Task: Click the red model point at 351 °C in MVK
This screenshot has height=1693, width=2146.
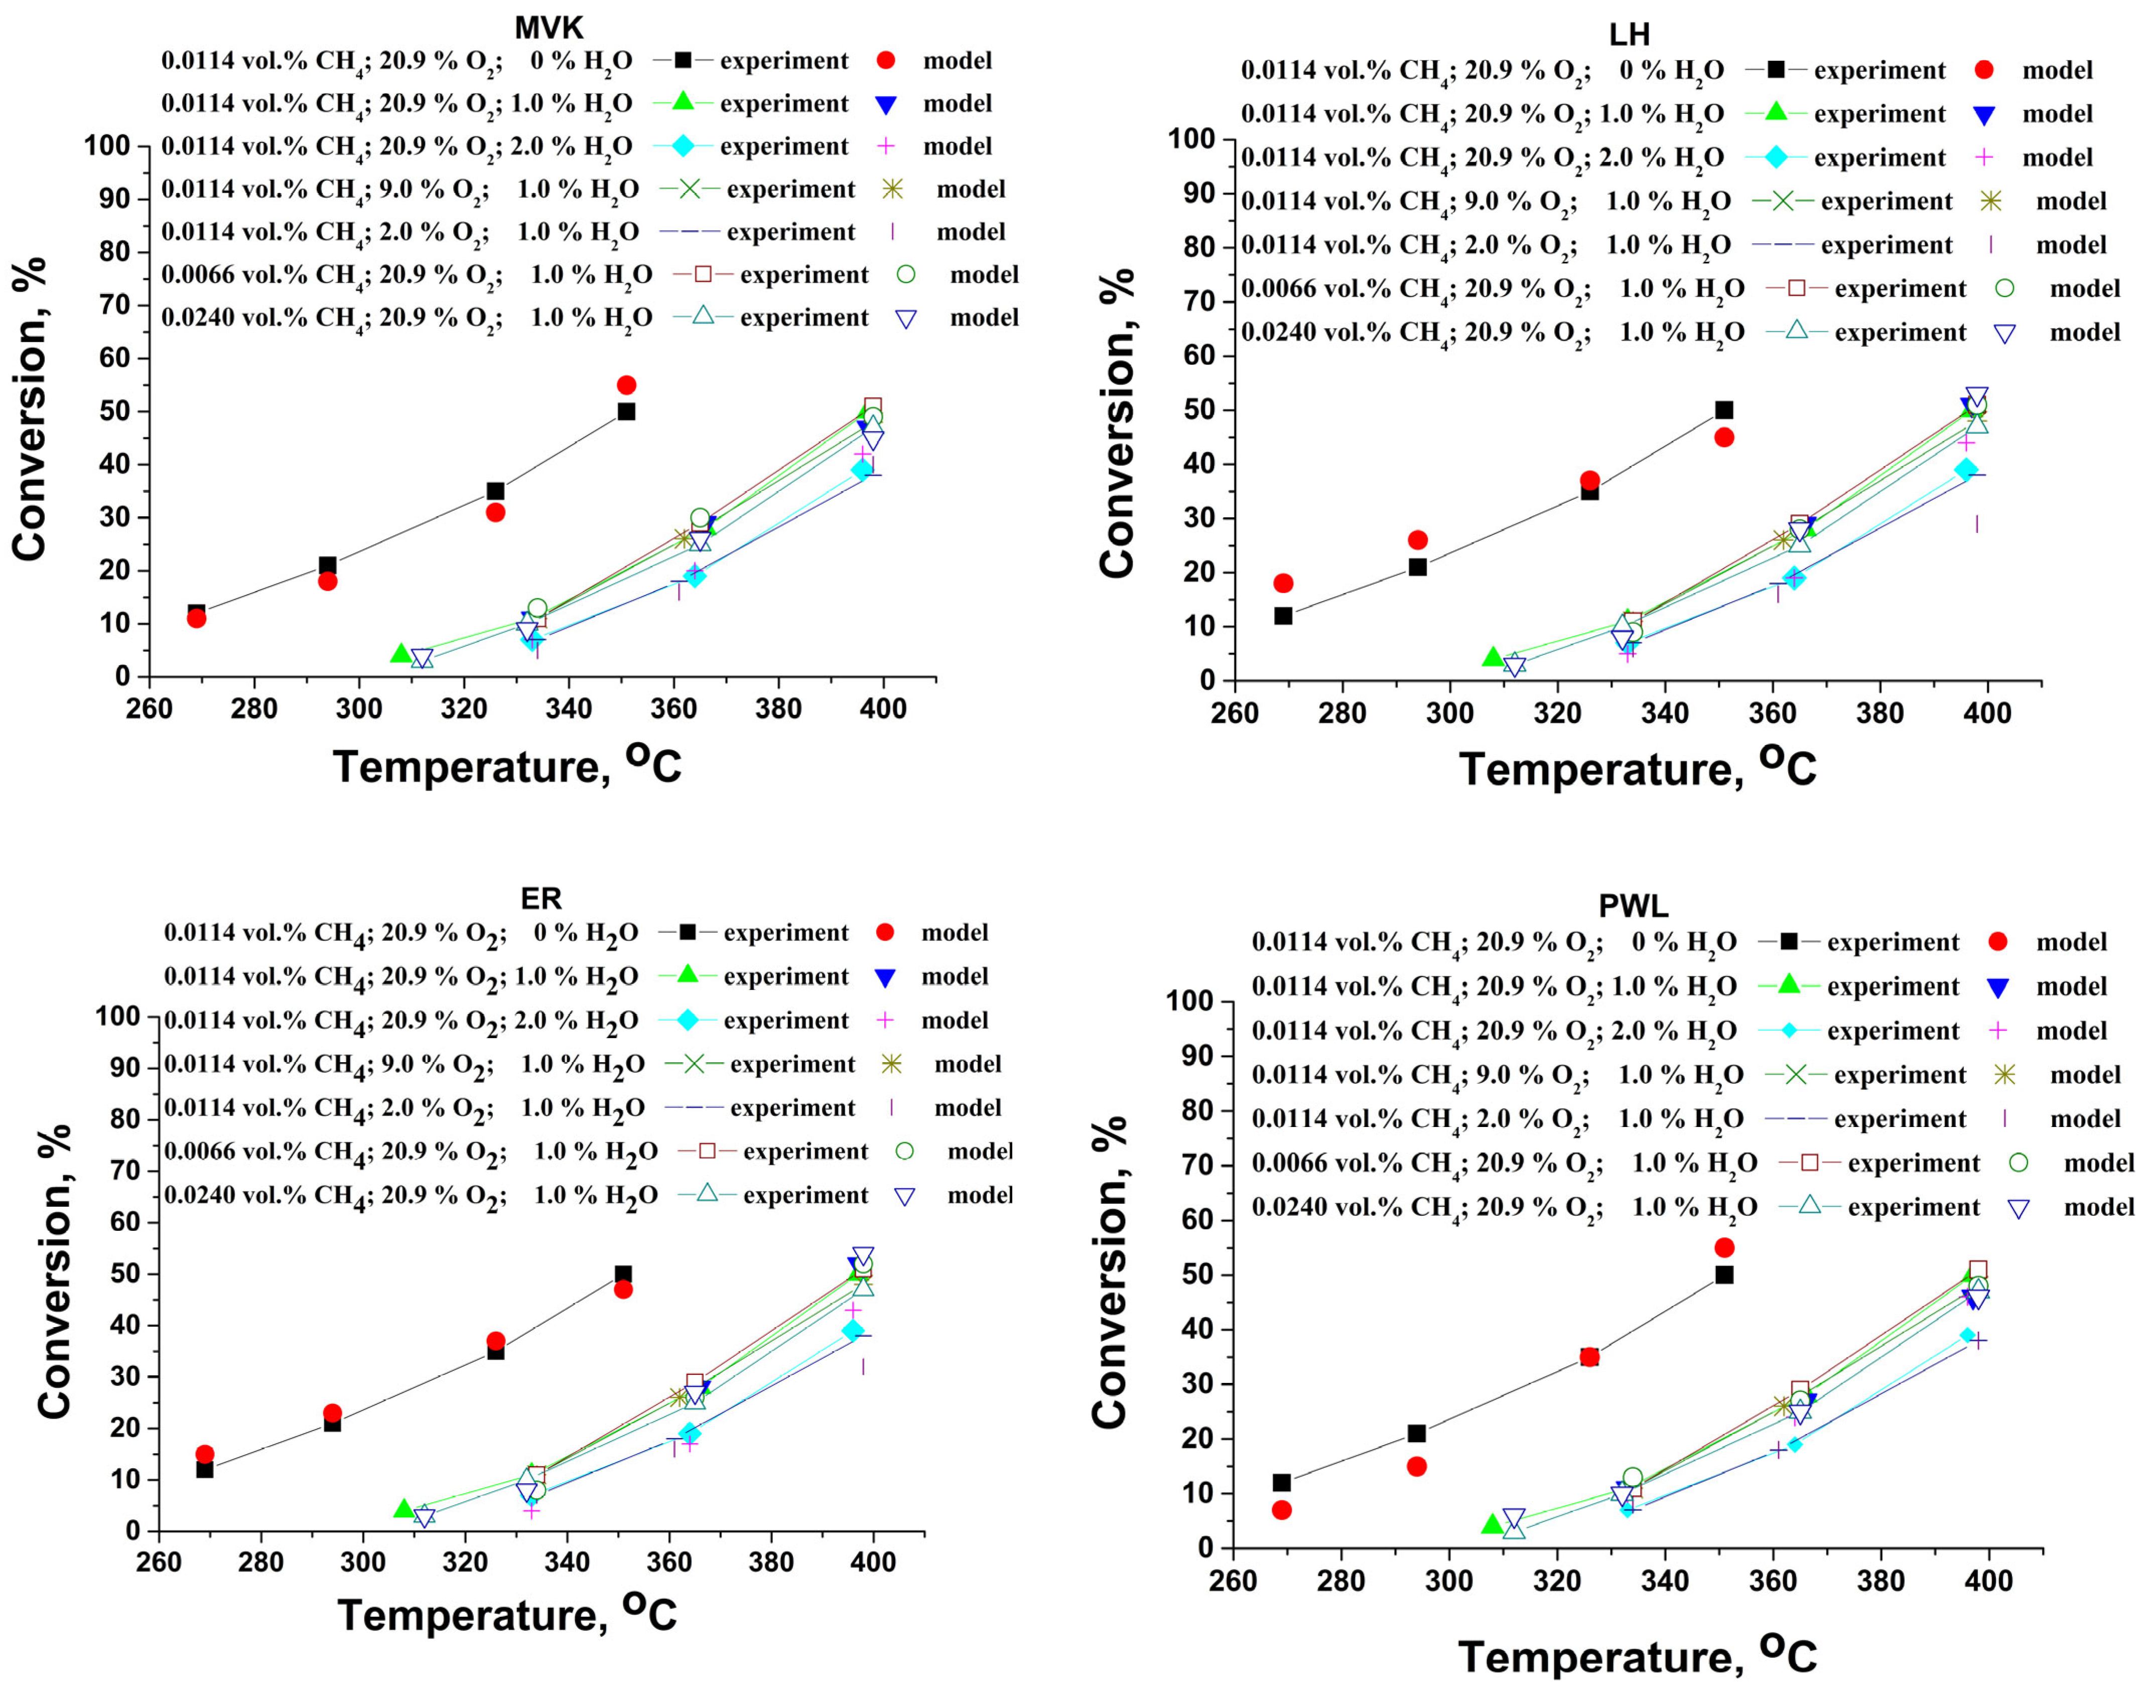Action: pyautogui.click(x=626, y=384)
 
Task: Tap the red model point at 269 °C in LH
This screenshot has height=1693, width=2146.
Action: pyautogui.click(x=1283, y=583)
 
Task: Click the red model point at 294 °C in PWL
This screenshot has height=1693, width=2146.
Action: pyautogui.click(x=1416, y=1466)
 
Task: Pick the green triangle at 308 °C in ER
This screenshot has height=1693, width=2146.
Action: pyautogui.click(x=404, y=1509)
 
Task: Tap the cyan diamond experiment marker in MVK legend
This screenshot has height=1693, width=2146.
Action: pyautogui.click(x=683, y=146)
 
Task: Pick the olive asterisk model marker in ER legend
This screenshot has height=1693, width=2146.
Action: pyautogui.click(x=891, y=1064)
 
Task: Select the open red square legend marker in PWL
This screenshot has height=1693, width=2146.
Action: pyautogui.click(x=1809, y=1163)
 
